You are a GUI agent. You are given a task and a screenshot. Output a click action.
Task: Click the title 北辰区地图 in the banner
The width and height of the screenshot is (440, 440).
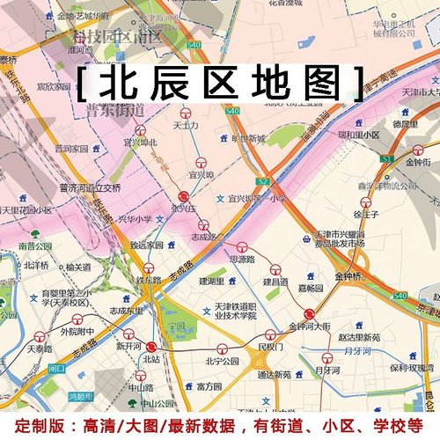(220, 84)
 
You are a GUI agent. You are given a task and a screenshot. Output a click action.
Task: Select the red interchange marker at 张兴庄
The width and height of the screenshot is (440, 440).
(183, 197)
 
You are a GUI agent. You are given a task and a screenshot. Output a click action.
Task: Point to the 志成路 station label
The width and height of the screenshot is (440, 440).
(202, 236)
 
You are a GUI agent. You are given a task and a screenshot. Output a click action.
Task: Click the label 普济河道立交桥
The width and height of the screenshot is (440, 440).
(89, 187)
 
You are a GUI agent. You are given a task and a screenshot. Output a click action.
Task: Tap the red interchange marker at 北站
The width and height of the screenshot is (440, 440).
(151, 347)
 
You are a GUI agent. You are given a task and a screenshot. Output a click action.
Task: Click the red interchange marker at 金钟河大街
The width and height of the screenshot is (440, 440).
(310, 314)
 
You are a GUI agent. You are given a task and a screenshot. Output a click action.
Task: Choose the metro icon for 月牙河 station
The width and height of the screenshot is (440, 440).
(328, 357)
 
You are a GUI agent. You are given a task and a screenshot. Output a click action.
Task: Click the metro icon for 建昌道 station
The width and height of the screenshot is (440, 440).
(275, 270)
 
